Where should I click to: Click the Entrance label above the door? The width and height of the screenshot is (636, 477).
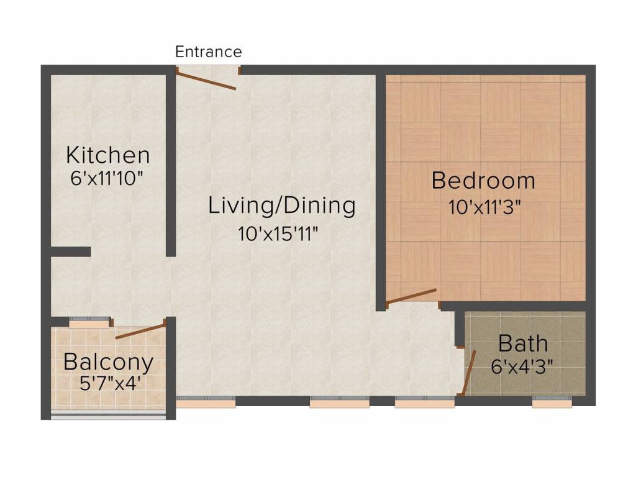click(209, 52)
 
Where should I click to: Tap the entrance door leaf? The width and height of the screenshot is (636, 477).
click(206, 80)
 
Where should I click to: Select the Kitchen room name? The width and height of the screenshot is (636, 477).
click(108, 155)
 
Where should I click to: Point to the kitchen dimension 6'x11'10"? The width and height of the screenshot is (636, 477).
click(107, 178)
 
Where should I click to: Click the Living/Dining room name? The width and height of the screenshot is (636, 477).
click(282, 205)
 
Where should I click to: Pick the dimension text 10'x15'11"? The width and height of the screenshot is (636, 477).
click(278, 234)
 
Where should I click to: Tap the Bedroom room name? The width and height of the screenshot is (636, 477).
click(483, 181)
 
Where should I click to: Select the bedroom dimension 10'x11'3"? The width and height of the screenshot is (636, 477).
click(484, 207)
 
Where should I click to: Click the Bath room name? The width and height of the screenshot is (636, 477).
click(523, 343)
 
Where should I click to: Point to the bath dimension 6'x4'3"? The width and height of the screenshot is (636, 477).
click(522, 367)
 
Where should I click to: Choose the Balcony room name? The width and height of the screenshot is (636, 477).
click(109, 362)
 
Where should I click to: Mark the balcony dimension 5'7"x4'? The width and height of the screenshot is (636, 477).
click(110, 383)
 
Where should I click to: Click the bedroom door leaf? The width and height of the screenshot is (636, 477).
click(411, 296)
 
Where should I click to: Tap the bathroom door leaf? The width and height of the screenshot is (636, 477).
click(470, 373)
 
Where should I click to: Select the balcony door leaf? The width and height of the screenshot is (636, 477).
click(140, 331)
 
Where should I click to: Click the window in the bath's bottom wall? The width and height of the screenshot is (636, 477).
click(552, 402)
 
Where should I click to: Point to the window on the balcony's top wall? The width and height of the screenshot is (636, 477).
click(89, 322)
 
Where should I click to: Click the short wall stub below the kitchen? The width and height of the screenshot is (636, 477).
click(70, 252)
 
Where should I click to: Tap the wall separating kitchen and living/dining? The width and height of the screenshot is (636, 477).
click(171, 165)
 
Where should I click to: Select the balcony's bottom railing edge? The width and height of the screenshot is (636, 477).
click(108, 417)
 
